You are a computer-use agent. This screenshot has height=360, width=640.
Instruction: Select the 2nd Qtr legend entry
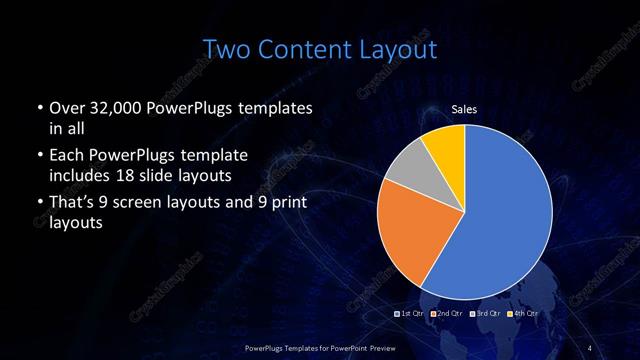[447, 314]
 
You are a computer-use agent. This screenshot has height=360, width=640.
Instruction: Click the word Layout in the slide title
[395, 48]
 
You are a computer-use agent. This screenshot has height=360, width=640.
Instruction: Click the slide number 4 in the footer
[589, 347]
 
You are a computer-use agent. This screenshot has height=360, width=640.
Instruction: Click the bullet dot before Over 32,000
[38, 108]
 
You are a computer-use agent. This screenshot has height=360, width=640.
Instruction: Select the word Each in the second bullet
[66, 155]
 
